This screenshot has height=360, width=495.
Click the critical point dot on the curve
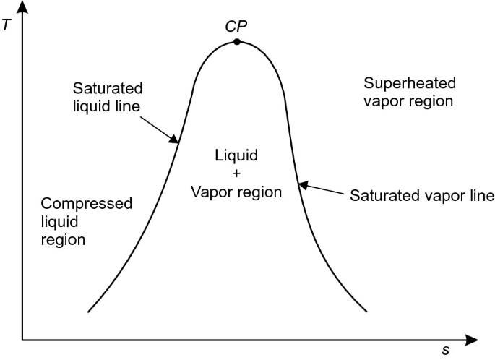(x=237, y=42)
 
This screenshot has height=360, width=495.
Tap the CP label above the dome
(x=237, y=25)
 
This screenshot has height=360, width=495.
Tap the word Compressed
(x=87, y=203)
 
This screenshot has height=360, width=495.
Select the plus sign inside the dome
(x=236, y=173)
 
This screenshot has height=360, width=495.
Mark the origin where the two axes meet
(x=23, y=338)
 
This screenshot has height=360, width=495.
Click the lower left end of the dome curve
(x=88, y=311)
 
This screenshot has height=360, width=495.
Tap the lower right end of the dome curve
(x=366, y=311)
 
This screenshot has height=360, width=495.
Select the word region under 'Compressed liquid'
(x=64, y=239)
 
